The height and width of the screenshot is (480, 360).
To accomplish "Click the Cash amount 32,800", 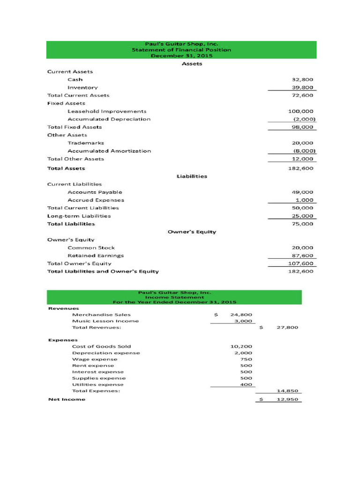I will (x=302, y=80).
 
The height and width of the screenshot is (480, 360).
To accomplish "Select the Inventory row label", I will (x=82, y=88).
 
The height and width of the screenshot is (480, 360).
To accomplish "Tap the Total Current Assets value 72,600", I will (x=302, y=96).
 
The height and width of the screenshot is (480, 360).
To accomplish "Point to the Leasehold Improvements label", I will (x=107, y=112).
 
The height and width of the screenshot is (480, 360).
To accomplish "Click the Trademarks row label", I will (x=86, y=143).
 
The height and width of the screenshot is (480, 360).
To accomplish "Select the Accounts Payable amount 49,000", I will (x=302, y=192).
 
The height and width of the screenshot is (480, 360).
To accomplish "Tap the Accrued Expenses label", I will (x=96, y=200).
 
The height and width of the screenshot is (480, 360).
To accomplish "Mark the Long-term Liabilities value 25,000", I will (x=302, y=216).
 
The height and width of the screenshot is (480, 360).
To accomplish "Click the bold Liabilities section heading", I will (x=192, y=176).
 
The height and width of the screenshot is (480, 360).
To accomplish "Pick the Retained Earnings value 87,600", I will (x=302, y=256).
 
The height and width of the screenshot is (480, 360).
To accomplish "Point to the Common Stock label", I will (x=91, y=247).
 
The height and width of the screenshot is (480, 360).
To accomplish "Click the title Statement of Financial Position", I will (x=181, y=50).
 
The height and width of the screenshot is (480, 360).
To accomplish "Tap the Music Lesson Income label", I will (x=105, y=321).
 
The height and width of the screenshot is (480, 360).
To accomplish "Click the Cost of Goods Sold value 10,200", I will (x=241, y=346).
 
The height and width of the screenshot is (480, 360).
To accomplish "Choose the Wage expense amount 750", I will (x=246, y=359).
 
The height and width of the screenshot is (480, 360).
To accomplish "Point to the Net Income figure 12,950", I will (x=287, y=399).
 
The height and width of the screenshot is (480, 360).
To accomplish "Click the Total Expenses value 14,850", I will (x=287, y=390).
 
